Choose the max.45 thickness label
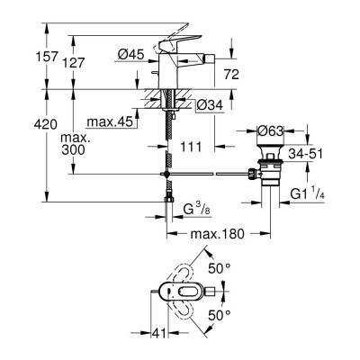tap(109, 121)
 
